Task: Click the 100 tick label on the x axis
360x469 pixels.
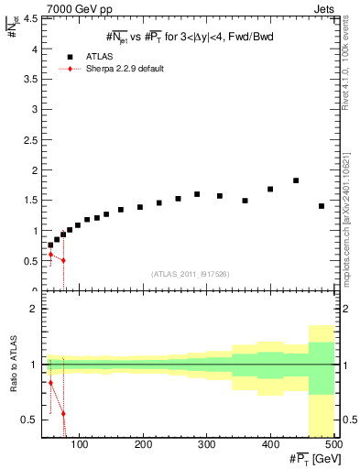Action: click(x=81, y=444)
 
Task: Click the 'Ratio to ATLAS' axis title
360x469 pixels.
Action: click(x=14, y=366)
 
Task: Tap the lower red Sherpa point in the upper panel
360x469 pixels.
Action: click(x=63, y=260)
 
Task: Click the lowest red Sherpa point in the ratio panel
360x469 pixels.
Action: click(x=63, y=413)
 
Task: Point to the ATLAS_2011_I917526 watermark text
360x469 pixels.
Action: click(x=190, y=273)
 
